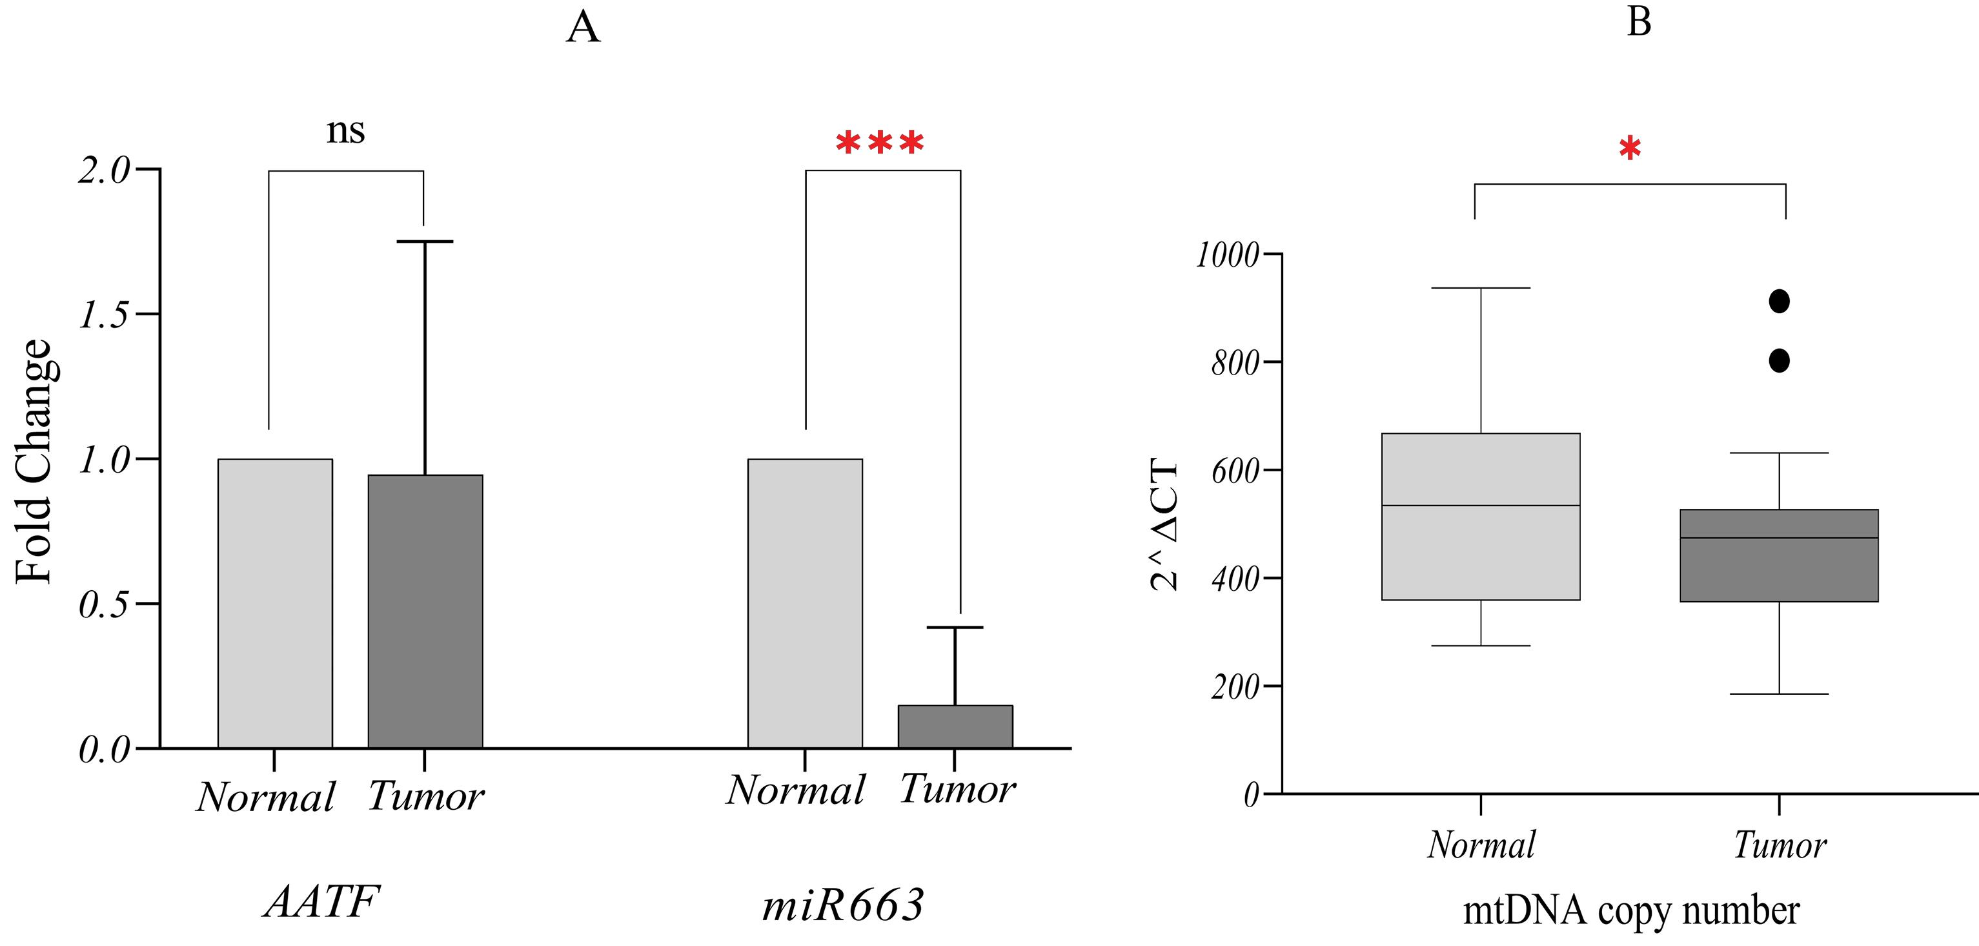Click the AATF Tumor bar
[x=425, y=611]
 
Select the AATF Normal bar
[x=275, y=603]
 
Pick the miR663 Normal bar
[x=804, y=603]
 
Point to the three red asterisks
[x=880, y=145]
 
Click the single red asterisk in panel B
[x=1629, y=149]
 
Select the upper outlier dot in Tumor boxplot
[x=1780, y=302]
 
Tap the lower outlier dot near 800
[x=1780, y=360]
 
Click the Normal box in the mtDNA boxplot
[x=1481, y=517]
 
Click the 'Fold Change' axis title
[x=35, y=461]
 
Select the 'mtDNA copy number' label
[x=1630, y=910]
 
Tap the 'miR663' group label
[x=843, y=905]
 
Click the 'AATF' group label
[x=322, y=901]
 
